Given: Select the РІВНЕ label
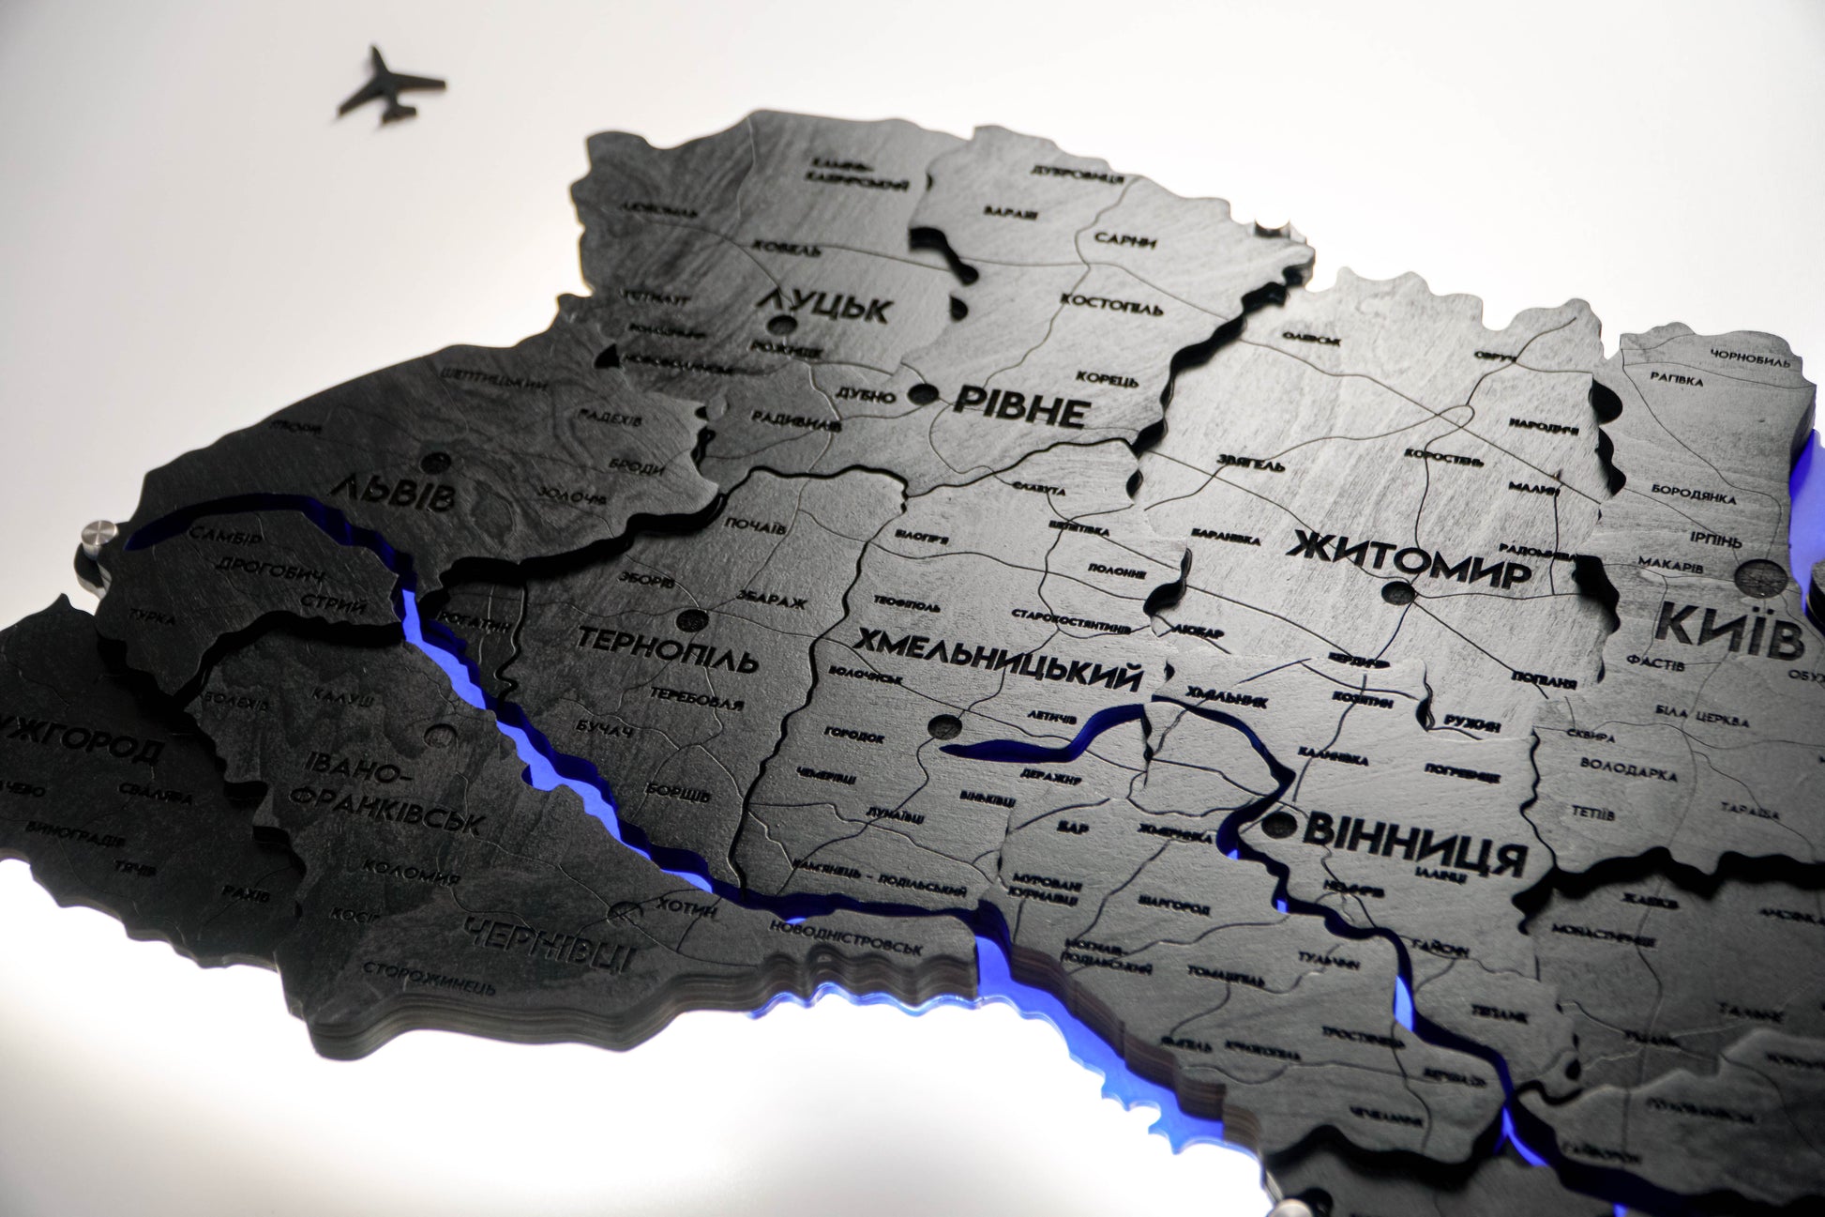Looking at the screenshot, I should pyautogui.click(x=1020, y=406).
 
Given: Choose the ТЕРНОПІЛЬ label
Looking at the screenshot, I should pyautogui.click(x=667, y=649).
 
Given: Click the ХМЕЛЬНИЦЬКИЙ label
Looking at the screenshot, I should pyautogui.click(x=998, y=659).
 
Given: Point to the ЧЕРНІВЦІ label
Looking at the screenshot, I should pyautogui.click(x=549, y=944).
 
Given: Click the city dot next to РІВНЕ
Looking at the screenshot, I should pyautogui.click(x=923, y=394).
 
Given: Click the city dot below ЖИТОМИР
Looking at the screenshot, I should pyautogui.click(x=1398, y=593).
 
